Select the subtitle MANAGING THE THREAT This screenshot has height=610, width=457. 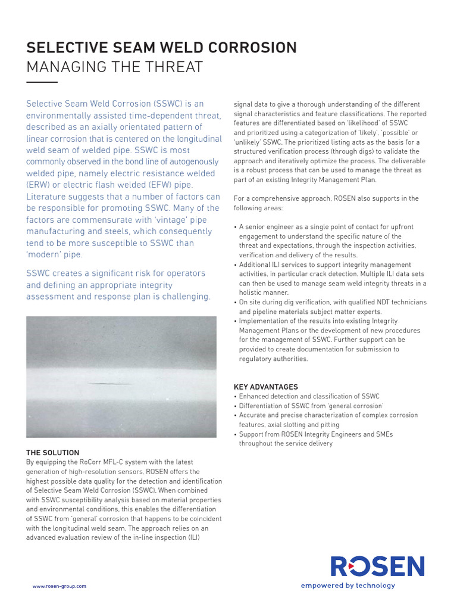[x=115, y=67]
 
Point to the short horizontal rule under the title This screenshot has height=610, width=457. [x=42, y=82]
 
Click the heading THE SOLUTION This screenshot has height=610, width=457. [x=52, y=453]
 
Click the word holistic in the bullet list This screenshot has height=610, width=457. [x=251, y=292]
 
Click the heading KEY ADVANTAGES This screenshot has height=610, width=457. [x=266, y=387]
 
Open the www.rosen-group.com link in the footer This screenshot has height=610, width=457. [x=60, y=586]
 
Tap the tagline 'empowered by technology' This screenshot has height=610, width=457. [x=348, y=586]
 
